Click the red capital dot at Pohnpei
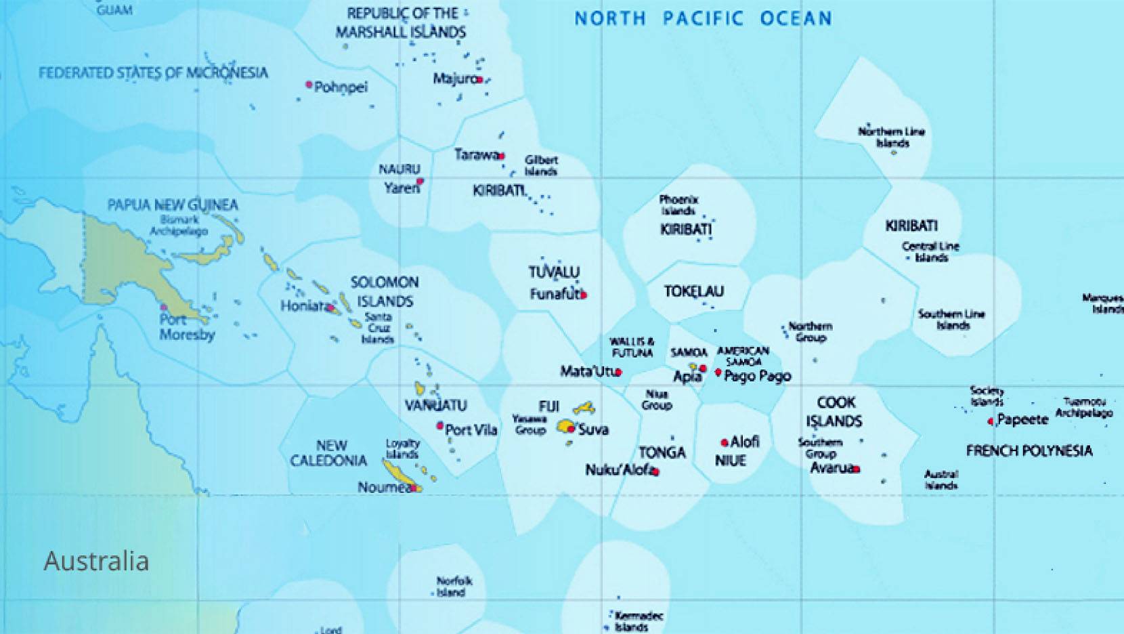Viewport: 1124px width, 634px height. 309,85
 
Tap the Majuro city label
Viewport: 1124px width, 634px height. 455,79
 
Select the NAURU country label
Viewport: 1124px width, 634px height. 399,169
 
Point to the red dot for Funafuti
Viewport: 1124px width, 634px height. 584,295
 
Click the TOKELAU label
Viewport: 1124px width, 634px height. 693,291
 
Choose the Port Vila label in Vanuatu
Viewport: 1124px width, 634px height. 471,429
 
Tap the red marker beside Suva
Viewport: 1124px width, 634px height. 571,429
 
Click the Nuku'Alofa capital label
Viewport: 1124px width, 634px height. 619,469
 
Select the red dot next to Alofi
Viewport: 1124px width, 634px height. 725,443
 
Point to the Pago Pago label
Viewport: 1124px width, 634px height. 757,376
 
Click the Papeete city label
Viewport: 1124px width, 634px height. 1022,419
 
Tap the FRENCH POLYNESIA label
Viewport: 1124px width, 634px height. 1029,451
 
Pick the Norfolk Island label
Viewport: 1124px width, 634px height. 454,587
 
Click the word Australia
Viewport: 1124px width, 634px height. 96,561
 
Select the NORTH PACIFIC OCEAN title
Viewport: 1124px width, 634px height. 703,18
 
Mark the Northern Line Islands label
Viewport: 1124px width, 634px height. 891,137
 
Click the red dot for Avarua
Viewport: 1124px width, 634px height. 857,469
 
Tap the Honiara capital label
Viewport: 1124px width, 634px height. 303,306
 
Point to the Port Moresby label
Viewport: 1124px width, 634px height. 187,327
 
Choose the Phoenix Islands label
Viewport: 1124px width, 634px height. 678,205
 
